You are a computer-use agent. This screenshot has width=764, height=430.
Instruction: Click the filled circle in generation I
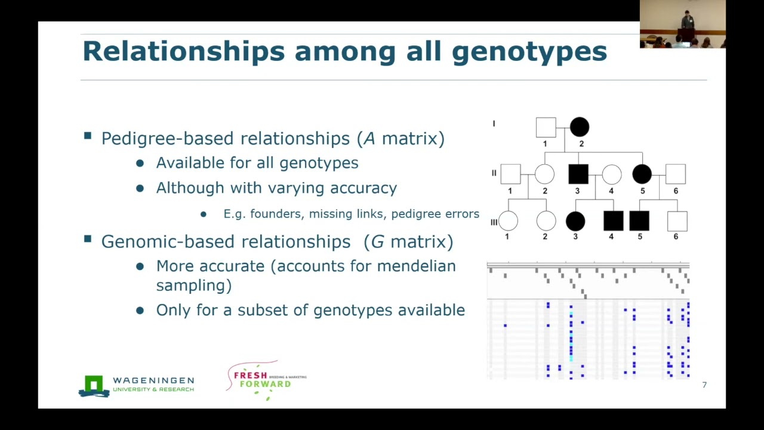pyautogui.click(x=580, y=127)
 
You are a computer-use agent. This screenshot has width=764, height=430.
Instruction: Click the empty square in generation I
pyautogui.click(x=546, y=127)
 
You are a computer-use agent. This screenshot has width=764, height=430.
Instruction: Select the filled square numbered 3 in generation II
pyautogui.click(x=578, y=174)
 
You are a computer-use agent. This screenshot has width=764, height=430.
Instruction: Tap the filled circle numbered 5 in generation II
pyautogui.click(x=642, y=174)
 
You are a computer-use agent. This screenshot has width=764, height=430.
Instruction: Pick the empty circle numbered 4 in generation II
pyautogui.click(x=611, y=174)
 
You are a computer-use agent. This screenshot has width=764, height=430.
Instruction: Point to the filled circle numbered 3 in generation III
pyautogui.click(x=575, y=221)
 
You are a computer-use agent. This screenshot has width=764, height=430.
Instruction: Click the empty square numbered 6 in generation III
pyautogui.click(x=677, y=221)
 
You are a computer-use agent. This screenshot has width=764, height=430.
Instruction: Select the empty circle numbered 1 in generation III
pyautogui.click(x=508, y=221)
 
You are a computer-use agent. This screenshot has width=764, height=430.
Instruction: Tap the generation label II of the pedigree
pyautogui.click(x=494, y=173)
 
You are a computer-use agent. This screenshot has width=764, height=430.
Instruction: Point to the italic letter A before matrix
pyautogui.click(x=369, y=139)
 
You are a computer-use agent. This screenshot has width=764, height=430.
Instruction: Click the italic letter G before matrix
pyautogui.click(x=377, y=242)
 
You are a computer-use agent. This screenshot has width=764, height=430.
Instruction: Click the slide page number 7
pyautogui.click(x=704, y=385)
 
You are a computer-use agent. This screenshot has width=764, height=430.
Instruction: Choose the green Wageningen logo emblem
pyautogui.click(x=94, y=386)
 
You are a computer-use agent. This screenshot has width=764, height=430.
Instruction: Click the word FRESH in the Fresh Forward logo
pyautogui.click(x=251, y=376)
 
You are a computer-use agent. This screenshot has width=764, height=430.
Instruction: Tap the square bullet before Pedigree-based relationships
pyautogui.click(x=88, y=136)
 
